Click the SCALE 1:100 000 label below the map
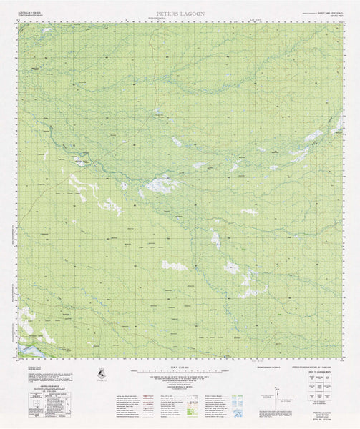pyautogui.click(x=180, y=367)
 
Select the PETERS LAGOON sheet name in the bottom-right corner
pyautogui.click(x=323, y=413)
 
